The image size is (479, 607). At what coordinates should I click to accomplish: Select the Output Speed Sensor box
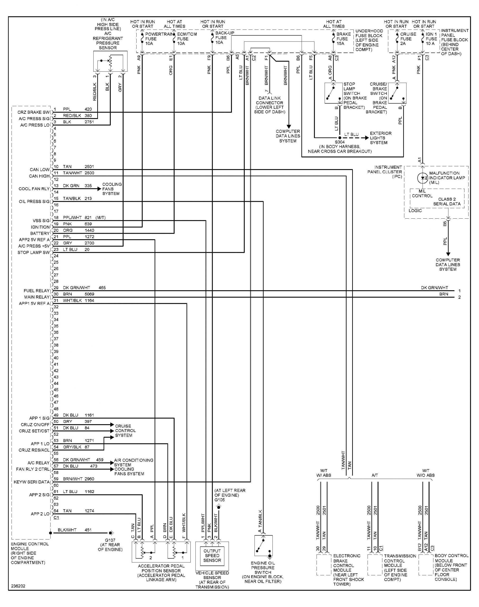pyautogui.click(x=212, y=555)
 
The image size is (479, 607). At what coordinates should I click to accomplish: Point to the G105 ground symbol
pyautogui.click(x=219, y=507)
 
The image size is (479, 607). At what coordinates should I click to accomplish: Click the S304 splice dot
pyautogui.click(x=340, y=138)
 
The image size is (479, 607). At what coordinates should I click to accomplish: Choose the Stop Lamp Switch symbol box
pyautogui.click(x=333, y=93)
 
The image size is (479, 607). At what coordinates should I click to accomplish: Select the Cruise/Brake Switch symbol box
pyautogui.click(x=397, y=93)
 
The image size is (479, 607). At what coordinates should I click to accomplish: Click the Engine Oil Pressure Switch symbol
pyautogui.click(x=263, y=546)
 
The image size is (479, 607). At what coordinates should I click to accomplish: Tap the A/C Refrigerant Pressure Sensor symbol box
pyautogui.click(x=110, y=61)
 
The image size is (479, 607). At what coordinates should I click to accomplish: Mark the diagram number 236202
pyautogui.click(x=18, y=586)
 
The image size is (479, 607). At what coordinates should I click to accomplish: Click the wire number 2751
pyautogui.click(x=89, y=122)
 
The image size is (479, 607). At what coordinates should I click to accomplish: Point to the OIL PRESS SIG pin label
pyautogui.click(x=34, y=202)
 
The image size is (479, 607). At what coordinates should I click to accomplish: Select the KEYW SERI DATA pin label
pyautogui.click(x=32, y=482)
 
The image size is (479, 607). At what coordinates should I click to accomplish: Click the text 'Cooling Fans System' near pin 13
pyautogui.click(x=112, y=189)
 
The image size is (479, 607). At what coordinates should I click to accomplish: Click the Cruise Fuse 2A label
pyautogui.click(x=408, y=39)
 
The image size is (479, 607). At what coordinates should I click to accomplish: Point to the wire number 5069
pyautogui.click(x=89, y=294)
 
